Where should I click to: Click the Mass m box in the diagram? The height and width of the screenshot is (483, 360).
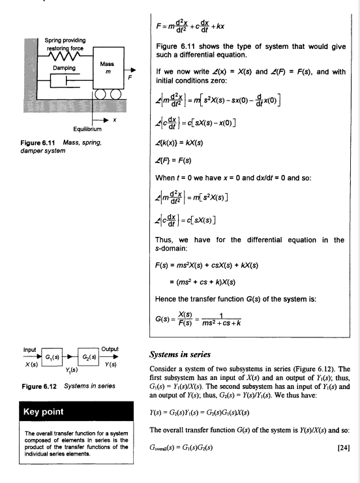pos(109,68)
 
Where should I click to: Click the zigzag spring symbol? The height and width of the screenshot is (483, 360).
pos(65,56)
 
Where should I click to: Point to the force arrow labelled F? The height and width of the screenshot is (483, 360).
pos(130,70)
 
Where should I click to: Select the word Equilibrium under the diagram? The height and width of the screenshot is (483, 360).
pos(87,129)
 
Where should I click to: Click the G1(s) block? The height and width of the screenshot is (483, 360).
pos(52,357)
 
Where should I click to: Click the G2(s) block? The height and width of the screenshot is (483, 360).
pos(88,357)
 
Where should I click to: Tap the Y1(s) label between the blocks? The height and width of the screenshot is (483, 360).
pos(71,369)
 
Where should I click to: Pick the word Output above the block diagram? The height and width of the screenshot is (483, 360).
pos(110,349)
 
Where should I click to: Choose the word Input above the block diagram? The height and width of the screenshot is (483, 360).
pos(29,350)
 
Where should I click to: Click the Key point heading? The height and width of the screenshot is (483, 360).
pos(44,412)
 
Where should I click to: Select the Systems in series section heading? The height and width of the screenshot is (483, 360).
pos(180,354)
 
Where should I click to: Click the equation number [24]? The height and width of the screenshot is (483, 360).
pos(344,448)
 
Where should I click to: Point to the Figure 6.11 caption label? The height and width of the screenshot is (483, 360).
pos(38,143)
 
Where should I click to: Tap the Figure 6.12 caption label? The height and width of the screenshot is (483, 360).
pos(39,386)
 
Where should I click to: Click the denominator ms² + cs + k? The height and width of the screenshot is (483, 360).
pos(221,323)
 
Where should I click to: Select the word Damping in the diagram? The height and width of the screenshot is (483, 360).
pos(64,68)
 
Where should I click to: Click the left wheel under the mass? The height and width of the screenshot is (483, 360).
pos(100,94)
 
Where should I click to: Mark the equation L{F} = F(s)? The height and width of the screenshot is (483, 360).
pos(173,161)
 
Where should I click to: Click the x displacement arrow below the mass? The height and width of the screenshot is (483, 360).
pos(100,120)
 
